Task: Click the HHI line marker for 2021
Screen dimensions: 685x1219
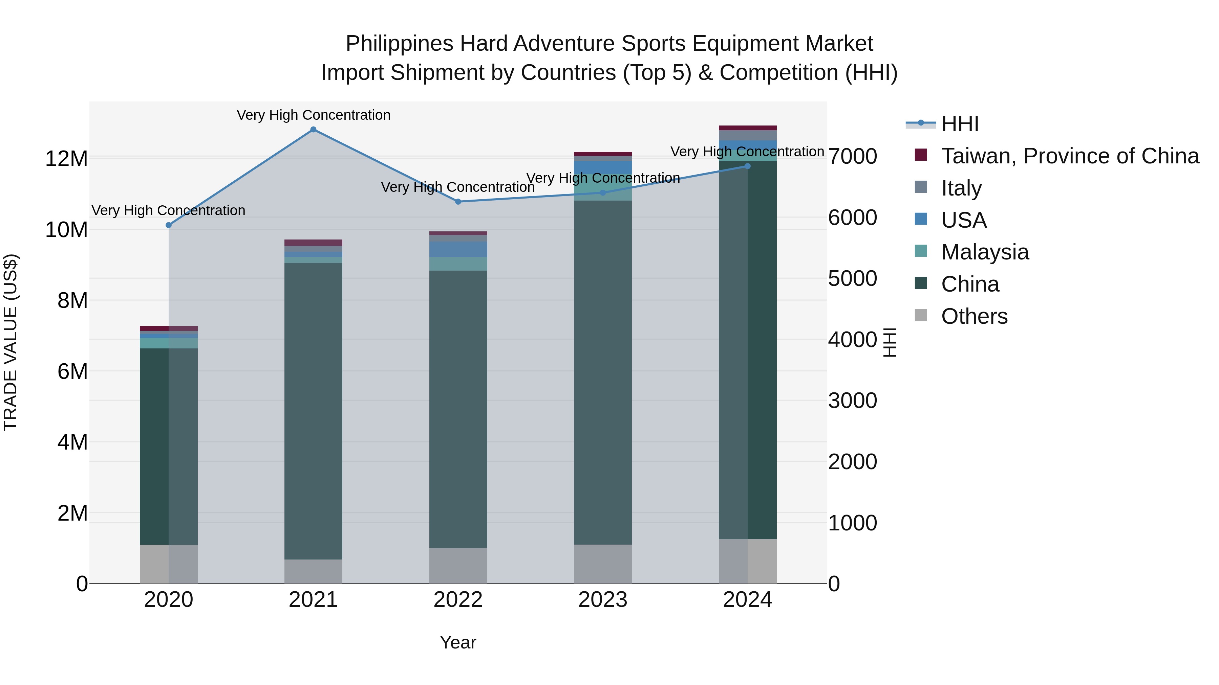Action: (x=313, y=130)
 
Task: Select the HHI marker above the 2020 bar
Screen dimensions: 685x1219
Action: (x=169, y=225)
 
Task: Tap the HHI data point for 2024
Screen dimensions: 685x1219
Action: (x=748, y=166)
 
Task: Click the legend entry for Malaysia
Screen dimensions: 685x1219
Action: (x=984, y=252)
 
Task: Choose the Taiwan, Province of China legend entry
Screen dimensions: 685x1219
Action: (x=1069, y=156)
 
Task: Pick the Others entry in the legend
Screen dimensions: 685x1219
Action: (x=974, y=316)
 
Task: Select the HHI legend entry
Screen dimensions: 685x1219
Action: (x=959, y=124)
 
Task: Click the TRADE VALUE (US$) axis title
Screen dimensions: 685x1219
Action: (x=10, y=342)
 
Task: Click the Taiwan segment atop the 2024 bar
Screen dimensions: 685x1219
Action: (x=748, y=128)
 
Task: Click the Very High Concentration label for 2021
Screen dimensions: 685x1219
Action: (x=313, y=115)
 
